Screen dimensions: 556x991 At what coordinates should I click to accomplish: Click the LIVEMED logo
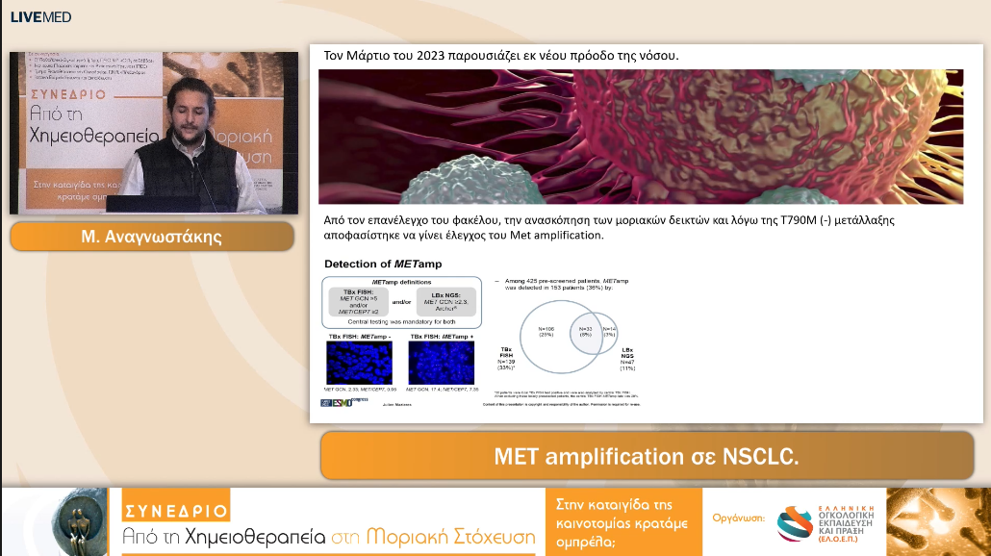coord(40,17)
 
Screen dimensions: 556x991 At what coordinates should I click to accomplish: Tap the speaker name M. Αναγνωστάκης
coord(152,237)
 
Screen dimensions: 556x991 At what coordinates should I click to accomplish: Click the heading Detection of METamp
coord(371,264)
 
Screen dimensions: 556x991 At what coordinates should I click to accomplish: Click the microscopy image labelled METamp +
coord(441,363)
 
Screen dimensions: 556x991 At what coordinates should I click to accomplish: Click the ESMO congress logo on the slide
coord(336,401)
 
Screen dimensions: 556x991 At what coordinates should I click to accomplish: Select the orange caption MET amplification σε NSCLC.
coord(646,456)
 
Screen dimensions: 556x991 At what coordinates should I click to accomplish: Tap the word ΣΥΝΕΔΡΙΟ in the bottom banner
coord(175,510)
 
